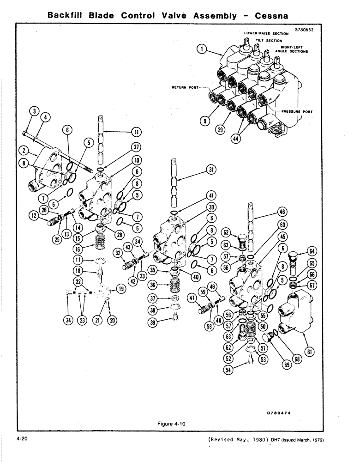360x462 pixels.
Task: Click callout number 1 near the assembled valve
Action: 201,48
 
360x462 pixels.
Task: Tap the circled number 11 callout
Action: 136,132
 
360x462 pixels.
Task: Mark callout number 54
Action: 227,369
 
